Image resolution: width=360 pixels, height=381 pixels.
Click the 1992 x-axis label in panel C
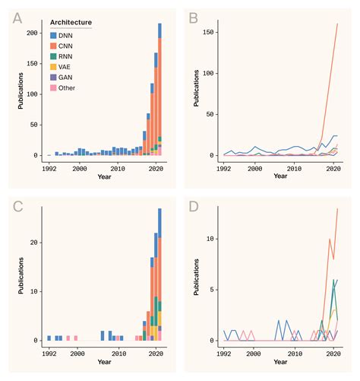tap(49, 354)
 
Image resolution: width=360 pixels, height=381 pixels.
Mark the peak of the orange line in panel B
tap(336, 24)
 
